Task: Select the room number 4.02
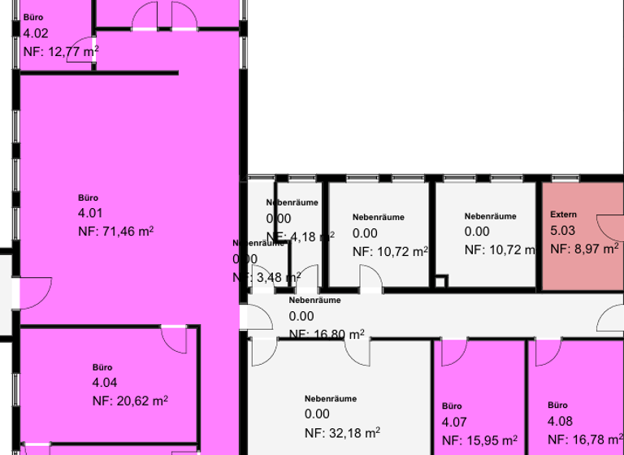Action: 36,33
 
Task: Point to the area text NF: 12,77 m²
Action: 61,51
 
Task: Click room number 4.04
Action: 105,383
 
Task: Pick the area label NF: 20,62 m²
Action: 130,401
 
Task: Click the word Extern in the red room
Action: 563,214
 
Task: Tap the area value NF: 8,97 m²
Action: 584,249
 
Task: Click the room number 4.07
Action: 454,422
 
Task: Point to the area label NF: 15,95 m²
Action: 479,441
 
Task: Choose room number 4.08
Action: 560,421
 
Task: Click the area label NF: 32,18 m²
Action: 342,431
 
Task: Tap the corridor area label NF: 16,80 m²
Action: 327,334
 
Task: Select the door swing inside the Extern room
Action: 609,227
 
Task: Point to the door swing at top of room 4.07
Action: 453,351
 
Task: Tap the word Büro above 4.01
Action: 88,197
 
